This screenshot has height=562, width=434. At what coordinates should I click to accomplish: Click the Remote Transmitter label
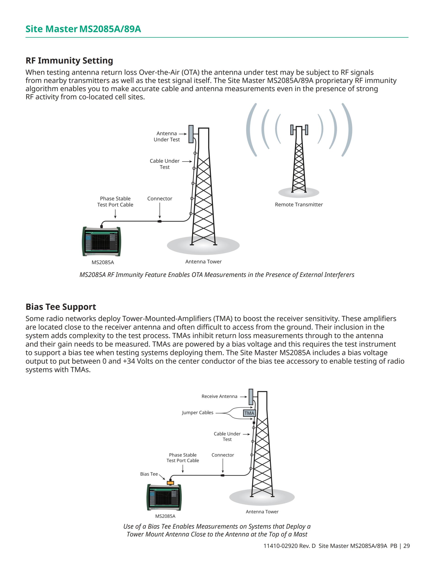coord(299,205)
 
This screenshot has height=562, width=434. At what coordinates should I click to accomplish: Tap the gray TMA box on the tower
coord(249,413)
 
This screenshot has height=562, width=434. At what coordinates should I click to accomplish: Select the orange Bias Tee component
coord(170,483)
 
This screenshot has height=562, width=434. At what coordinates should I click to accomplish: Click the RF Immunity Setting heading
coord(69,61)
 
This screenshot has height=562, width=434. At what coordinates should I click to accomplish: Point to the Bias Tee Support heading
coord(61,307)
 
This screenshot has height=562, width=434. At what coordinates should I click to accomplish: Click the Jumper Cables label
coord(198,412)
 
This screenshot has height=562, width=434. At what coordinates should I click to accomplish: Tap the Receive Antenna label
coord(219,396)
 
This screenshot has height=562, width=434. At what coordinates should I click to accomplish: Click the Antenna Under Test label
coord(167,136)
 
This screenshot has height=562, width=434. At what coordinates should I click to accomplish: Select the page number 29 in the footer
coord(406,546)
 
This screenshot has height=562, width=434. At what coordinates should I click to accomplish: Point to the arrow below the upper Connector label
coord(160,210)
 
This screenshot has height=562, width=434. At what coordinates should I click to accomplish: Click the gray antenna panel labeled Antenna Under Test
coord(191,134)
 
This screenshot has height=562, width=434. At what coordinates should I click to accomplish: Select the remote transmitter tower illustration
coord(299,160)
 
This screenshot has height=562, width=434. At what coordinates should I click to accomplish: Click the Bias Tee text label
coord(149,474)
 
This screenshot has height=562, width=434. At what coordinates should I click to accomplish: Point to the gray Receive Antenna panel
coord(251,397)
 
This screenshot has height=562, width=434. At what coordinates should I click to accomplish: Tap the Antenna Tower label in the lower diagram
coord(262,512)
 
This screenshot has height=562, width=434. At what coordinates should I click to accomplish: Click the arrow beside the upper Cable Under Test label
coord(187,161)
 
